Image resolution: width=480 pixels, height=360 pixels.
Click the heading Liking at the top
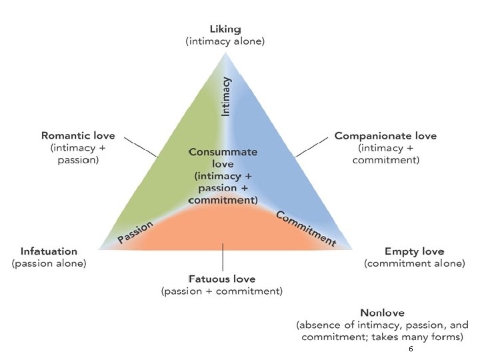pyautogui.click(x=225, y=29)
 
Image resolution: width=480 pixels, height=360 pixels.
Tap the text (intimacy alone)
pyautogui.click(x=225, y=41)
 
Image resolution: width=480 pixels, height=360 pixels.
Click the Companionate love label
pyautogui.click(x=385, y=136)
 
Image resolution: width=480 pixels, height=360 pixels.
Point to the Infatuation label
pyautogui.click(x=49, y=251)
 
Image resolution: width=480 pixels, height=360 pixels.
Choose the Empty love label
pyautogui.click(x=414, y=251)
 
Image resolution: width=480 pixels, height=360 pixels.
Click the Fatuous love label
pyautogui.click(x=222, y=279)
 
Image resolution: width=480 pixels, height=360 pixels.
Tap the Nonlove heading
pyautogui.click(x=382, y=313)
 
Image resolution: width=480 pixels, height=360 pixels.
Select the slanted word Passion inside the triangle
pyautogui.click(x=135, y=232)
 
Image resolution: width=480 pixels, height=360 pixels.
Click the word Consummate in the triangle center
pyautogui.click(x=223, y=152)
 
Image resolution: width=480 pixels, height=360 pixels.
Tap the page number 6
pyautogui.click(x=411, y=349)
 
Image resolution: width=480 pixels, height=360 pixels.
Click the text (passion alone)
pyautogui.click(x=49, y=263)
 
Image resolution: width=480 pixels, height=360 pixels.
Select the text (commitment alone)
pyautogui.click(x=414, y=263)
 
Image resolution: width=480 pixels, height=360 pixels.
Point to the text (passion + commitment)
pyautogui.click(x=222, y=291)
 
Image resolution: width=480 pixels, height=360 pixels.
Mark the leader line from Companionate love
pyautogui.click(x=313, y=147)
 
